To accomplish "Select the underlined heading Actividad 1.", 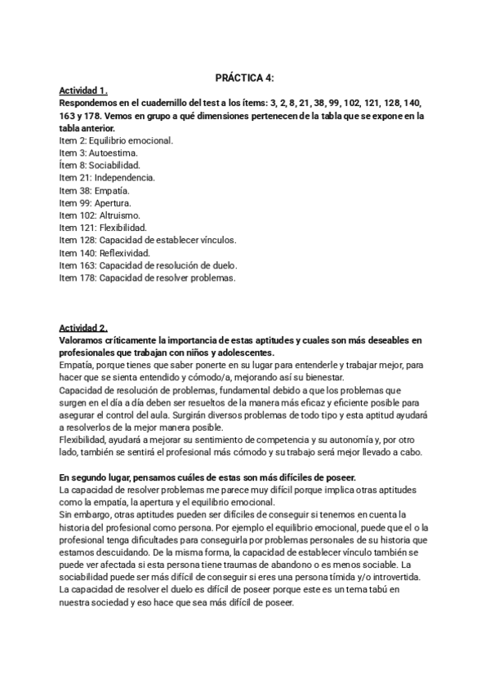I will click(x=83, y=90).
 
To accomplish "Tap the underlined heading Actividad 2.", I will click(x=83, y=327).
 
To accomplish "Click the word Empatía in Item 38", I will click(x=113, y=190).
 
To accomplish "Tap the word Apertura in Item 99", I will click(x=113, y=202).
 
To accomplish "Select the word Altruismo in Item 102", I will click(x=118, y=215).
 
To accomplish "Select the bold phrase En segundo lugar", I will click(x=95, y=477).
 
